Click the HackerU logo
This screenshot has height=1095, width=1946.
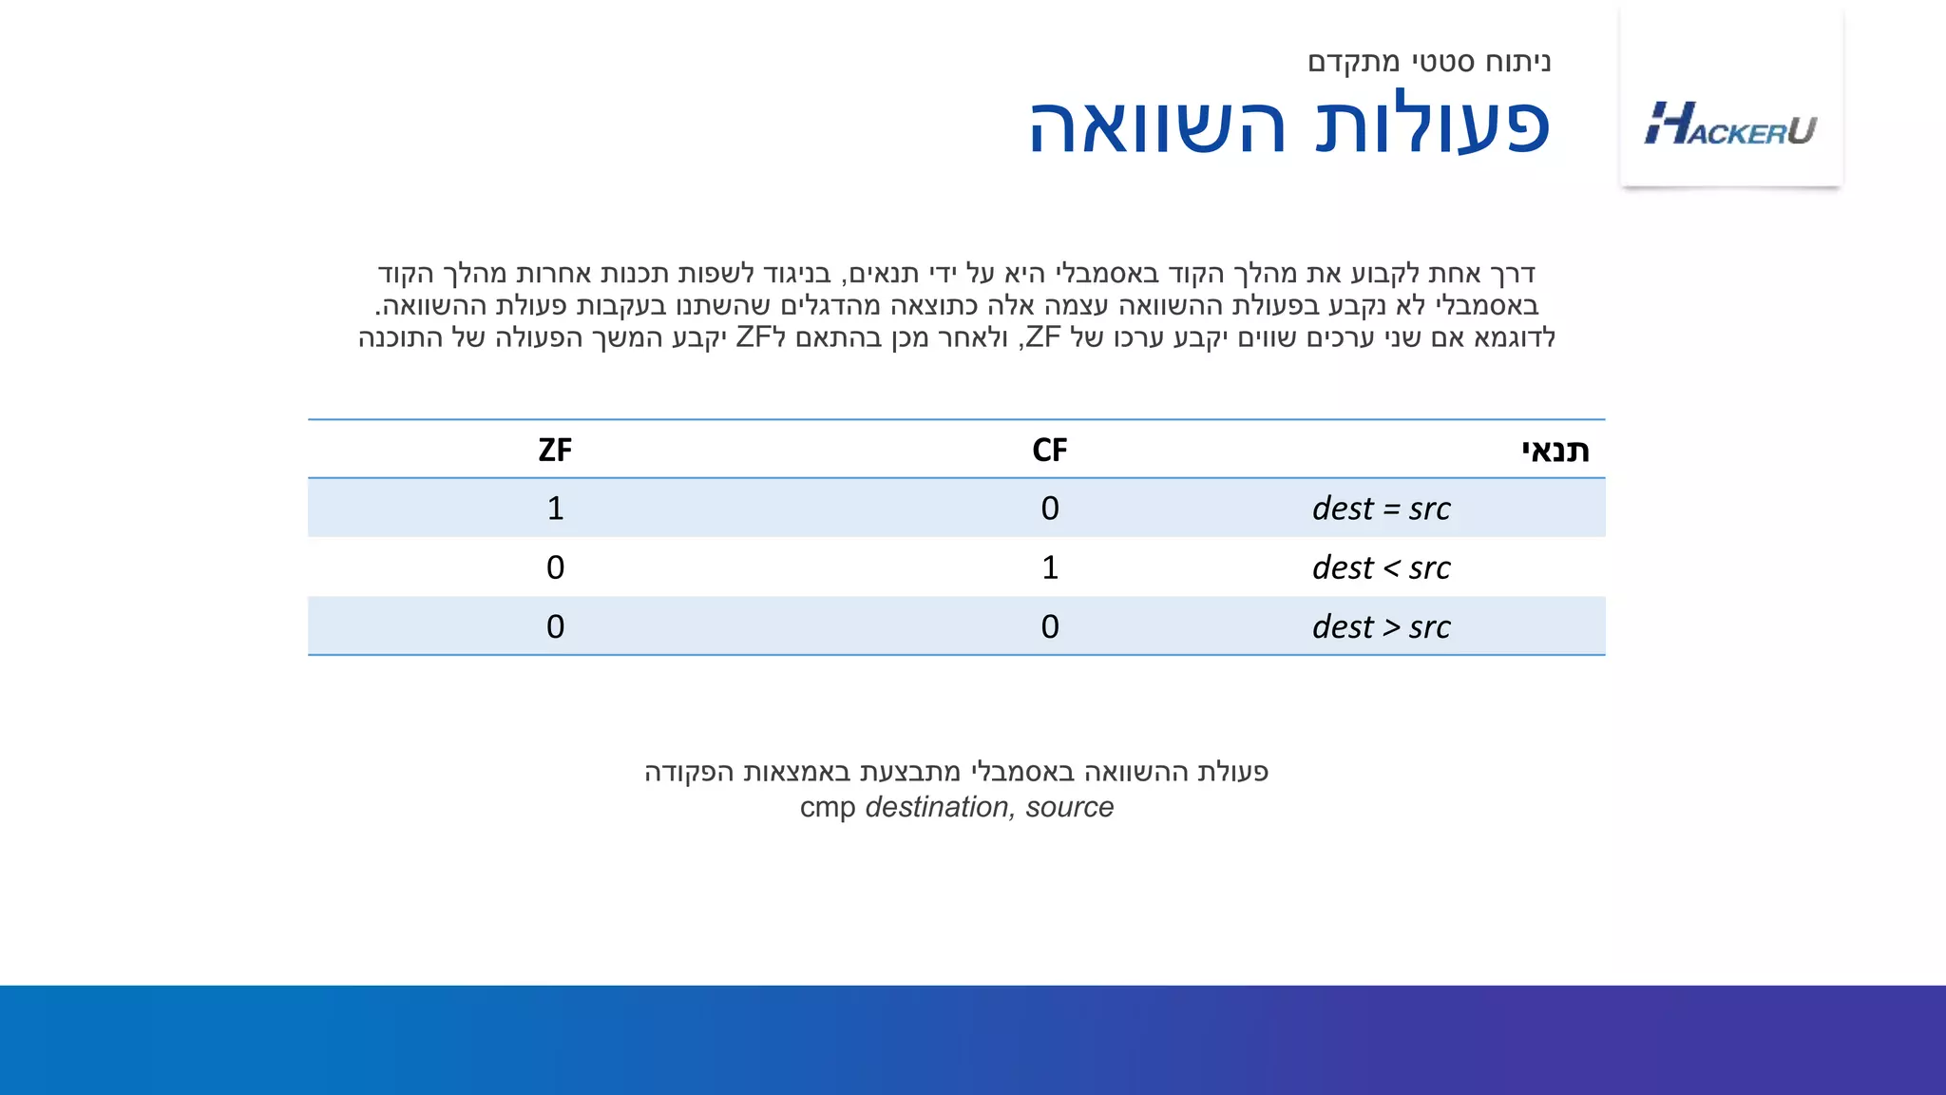pyautogui.click(x=1730, y=125)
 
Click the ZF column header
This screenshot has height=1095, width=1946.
pyautogui.click(x=555, y=450)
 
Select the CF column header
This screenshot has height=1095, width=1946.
pyautogui.click(x=1049, y=450)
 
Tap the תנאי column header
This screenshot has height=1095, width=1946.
pyautogui.click(x=1555, y=450)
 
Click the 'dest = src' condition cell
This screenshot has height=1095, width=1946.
pyautogui.click(x=1381, y=509)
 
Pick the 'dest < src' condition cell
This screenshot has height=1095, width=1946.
pyautogui.click(x=1381, y=567)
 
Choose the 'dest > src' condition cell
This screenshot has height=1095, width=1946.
pyautogui.click(x=1381, y=627)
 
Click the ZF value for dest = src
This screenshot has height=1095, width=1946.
pyautogui.click(x=555, y=509)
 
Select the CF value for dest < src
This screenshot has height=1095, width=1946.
pyautogui.click(x=1049, y=567)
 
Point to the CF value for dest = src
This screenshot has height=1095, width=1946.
pyautogui.click(x=1049, y=509)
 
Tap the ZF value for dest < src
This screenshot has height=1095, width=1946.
pyautogui.click(x=555, y=567)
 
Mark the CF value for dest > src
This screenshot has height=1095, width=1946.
pyautogui.click(x=1049, y=627)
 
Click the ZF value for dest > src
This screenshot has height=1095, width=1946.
pyautogui.click(x=555, y=627)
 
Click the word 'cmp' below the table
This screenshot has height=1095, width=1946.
pyautogui.click(x=827, y=808)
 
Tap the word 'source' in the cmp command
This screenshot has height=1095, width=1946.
pyautogui.click(x=1069, y=807)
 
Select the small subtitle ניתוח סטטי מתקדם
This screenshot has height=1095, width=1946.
pyautogui.click(x=1429, y=63)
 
